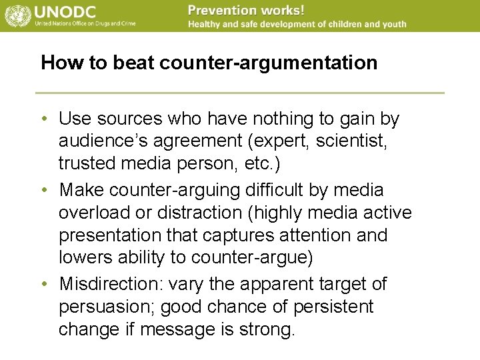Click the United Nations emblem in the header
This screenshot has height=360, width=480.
(16, 15)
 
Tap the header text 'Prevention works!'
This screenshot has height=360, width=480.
(246, 10)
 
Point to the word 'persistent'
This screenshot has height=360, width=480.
(335, 307)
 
